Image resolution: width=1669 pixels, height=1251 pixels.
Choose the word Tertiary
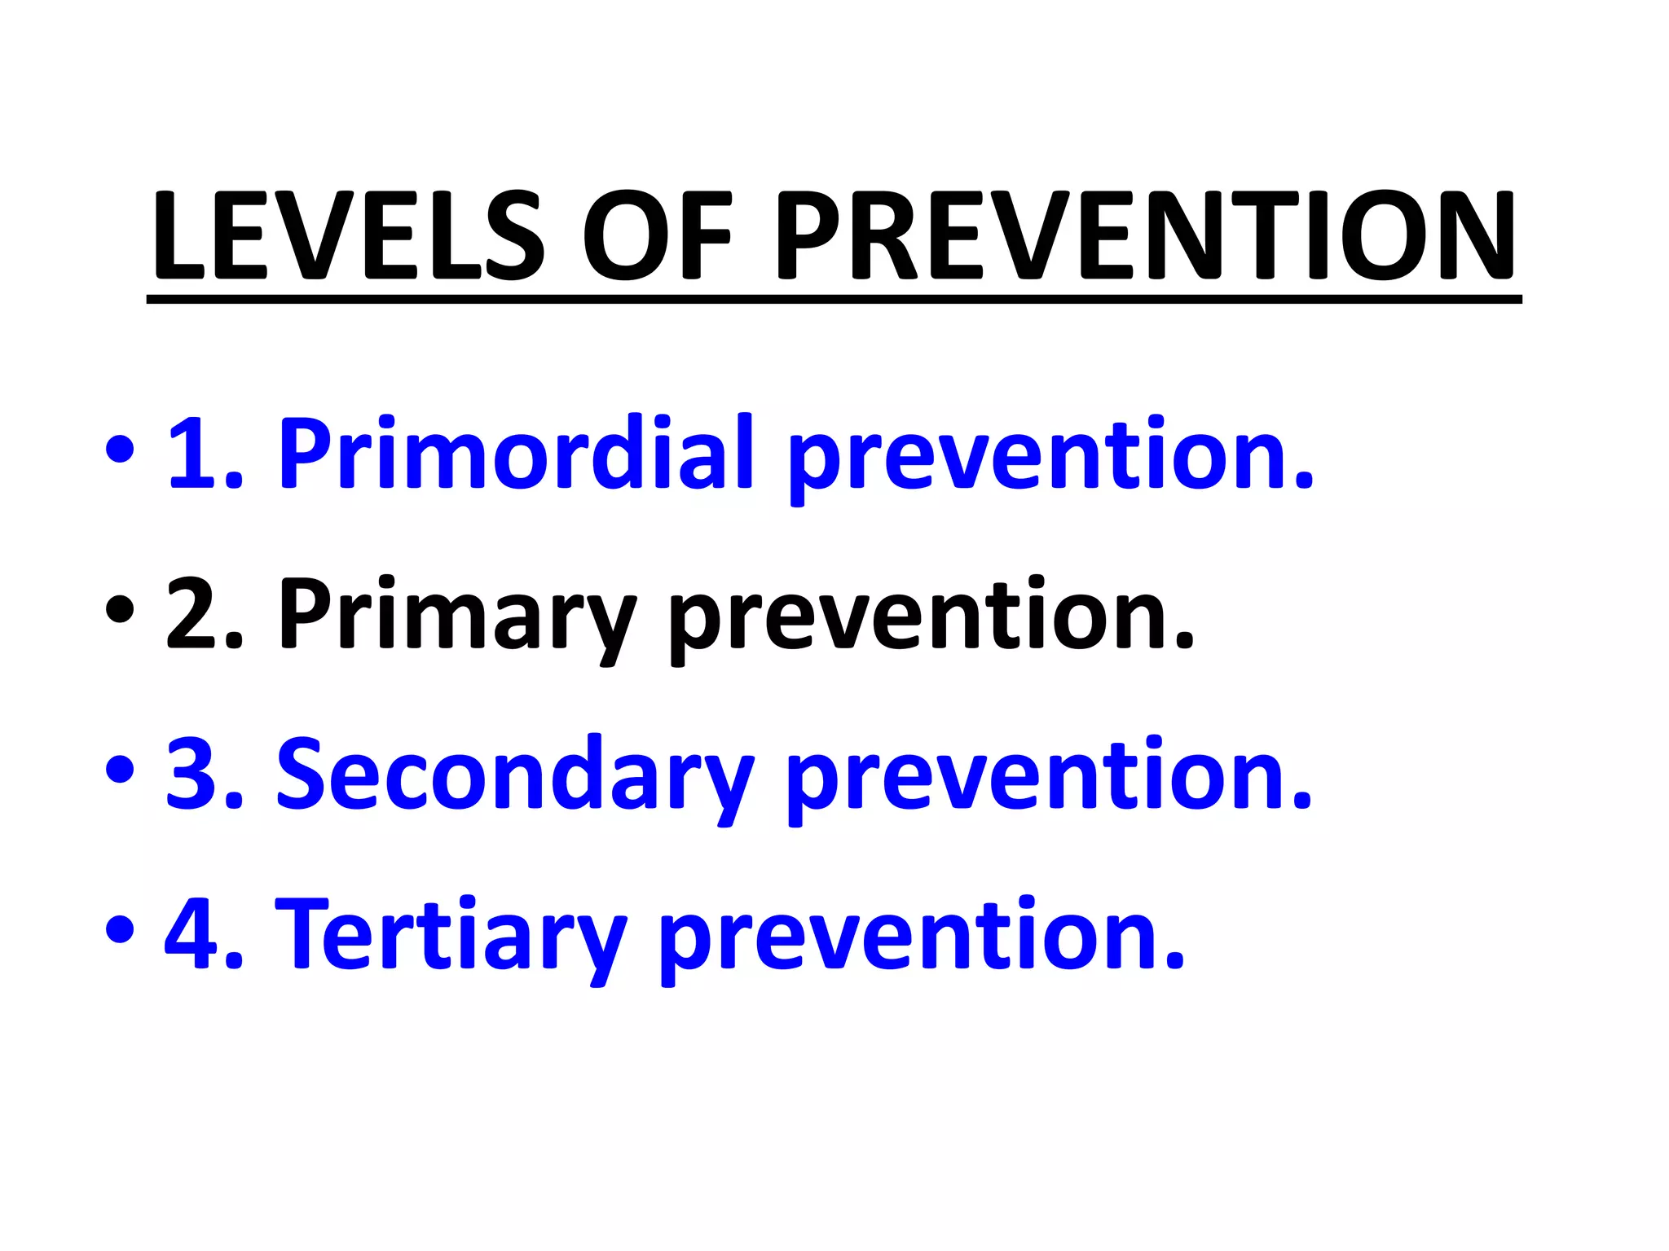point(451,934)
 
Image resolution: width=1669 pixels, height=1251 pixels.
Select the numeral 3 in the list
point(193,774)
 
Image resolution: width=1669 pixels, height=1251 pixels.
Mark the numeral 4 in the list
point(193,934)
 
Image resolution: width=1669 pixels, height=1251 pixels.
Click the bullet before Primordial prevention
point(120,450)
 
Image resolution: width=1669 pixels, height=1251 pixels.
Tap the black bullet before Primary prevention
point(120,611)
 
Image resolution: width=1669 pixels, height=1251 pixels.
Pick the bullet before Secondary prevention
point(120,770)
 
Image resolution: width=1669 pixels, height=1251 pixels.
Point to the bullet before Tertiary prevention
point(120,930)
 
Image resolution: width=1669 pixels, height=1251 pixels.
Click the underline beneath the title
point(834,300)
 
